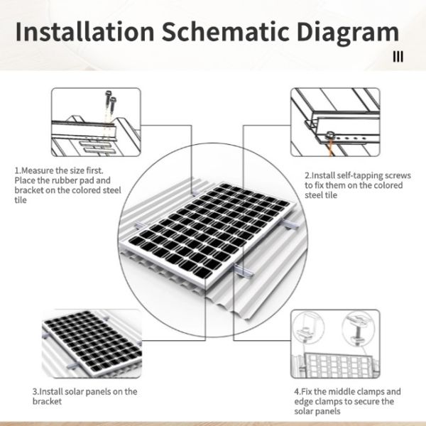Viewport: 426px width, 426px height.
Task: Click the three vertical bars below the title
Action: click(x=398, y=57)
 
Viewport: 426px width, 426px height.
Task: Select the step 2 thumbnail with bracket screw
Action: click(x=330, y=124)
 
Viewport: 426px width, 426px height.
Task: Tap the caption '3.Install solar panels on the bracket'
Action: click(x=84, y=396)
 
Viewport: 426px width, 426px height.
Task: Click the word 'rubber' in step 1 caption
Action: click(x=68, y=181)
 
